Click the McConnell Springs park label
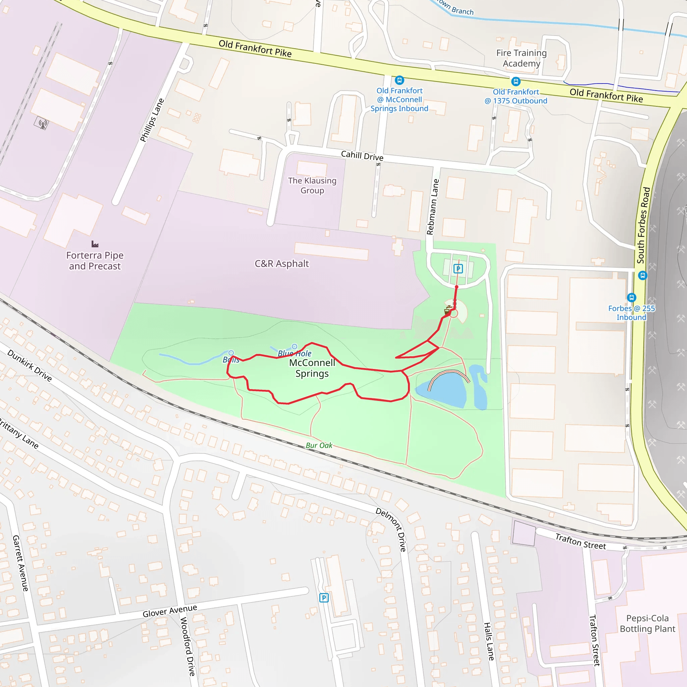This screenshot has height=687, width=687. (312, 368)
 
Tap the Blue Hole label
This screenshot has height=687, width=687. (295, 354)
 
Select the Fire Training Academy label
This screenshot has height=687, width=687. (521, 58)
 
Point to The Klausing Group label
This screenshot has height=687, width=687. (312, 185)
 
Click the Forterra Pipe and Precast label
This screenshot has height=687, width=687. (95, 261)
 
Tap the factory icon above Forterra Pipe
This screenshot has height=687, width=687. (95, 244)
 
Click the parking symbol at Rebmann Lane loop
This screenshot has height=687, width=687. (458, 269)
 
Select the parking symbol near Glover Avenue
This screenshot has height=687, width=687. (324, 598)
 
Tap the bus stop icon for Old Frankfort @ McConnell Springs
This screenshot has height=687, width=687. (399, 80)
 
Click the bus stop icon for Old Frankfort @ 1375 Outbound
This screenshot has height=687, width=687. (516, 82)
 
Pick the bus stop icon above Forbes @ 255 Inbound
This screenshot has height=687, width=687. (632, 297)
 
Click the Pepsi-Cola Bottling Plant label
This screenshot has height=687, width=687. (647, 623)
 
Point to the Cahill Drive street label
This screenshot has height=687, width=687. (362, 156)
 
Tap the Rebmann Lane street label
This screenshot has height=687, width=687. (433, 207)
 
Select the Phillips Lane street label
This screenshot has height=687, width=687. (152, 120)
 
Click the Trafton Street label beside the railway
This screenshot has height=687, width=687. (580, 541)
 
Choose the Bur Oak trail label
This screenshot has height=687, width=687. (319, 445)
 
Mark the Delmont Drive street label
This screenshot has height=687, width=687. (391, 529)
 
